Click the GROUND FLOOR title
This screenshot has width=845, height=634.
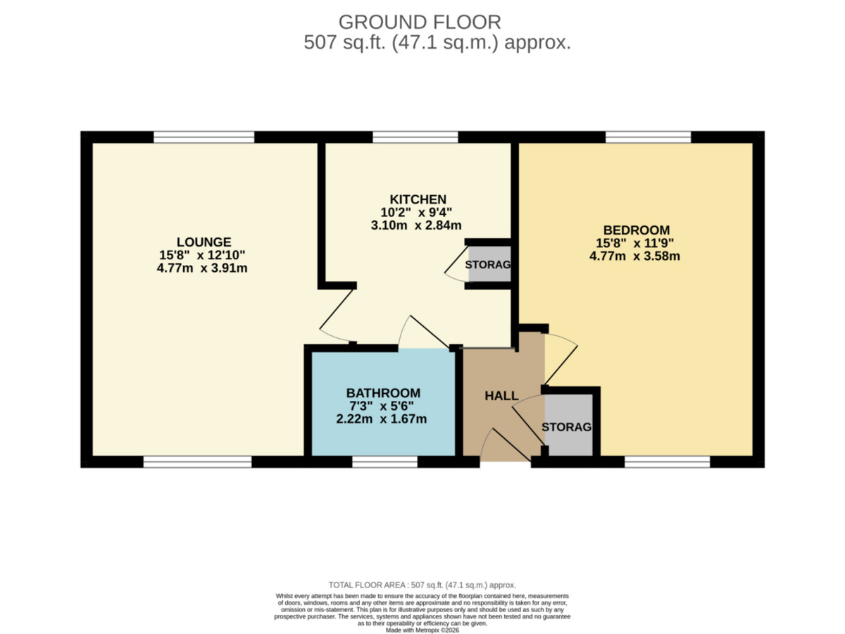(x=420, y=23)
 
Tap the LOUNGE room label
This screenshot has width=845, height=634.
(x=204, y=242)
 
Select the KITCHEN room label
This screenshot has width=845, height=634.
(x=418, y=199)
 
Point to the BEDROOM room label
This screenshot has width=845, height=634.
(x=637, y=230)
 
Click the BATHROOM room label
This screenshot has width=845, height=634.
(x=384, y=393)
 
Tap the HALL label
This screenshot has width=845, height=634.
(x=501, y=396)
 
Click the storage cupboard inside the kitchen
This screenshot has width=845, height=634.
(x=489, y=264)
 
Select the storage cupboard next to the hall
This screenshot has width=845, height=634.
(x=569, y=425)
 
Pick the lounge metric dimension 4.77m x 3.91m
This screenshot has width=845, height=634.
(x=202, y=268)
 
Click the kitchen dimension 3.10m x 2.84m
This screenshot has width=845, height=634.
(x=416, y=225)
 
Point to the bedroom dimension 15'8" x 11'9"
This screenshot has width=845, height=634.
(x=635, y=243)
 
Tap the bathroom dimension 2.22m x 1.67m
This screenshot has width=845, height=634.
(x=382, y=419)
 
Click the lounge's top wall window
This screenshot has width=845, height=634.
(x=204, y=137)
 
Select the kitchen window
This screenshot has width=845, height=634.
(x=415, y=137)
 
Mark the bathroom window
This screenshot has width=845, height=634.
(x=385, y=461)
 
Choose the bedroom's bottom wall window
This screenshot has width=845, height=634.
(x=667, y=461)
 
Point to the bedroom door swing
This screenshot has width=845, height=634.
(x=561, y=360)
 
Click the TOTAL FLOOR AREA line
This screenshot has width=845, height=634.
(x=423, y=585)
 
